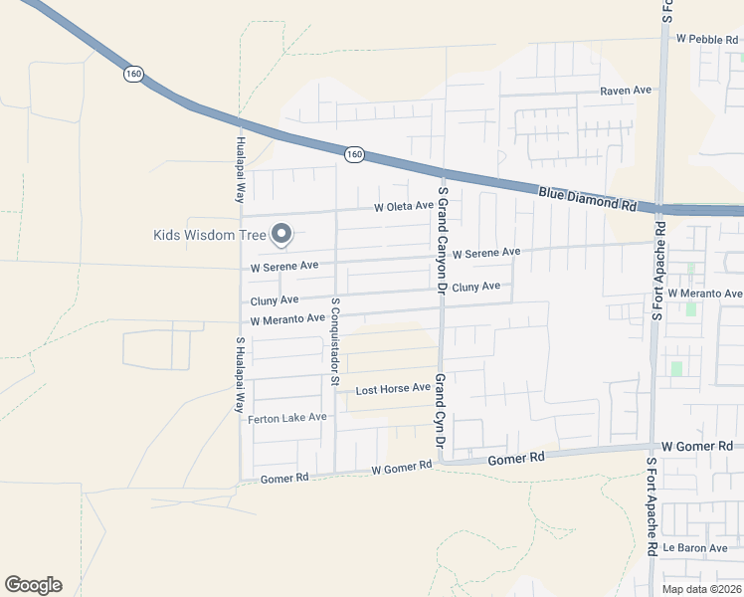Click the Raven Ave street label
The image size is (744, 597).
point(625,91)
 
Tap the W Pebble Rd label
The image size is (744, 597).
point(708,39)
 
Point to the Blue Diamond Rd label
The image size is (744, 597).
point(587,198)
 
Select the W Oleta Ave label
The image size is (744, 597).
point(404,207)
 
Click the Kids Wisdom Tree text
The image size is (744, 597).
point(210,236)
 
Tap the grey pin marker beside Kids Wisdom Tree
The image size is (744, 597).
point(281,234)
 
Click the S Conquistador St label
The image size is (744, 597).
point(335,341)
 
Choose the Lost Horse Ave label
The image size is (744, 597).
point(393,389)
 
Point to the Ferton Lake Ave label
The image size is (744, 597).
point(287,418)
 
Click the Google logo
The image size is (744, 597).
point(33,585)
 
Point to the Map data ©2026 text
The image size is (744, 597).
point(701,589)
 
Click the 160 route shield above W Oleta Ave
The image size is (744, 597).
point(355,154)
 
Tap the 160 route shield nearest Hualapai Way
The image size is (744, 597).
point(134,74)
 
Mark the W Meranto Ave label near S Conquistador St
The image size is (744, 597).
point(287,320)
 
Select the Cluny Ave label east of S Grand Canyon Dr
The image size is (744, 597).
point(476,287)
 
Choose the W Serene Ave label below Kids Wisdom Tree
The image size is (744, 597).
point(284,267)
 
